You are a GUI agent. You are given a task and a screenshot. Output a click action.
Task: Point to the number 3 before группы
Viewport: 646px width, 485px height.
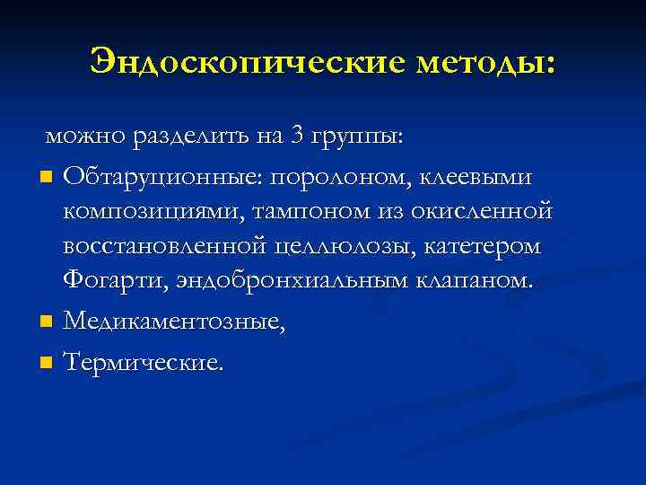[297, 136]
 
